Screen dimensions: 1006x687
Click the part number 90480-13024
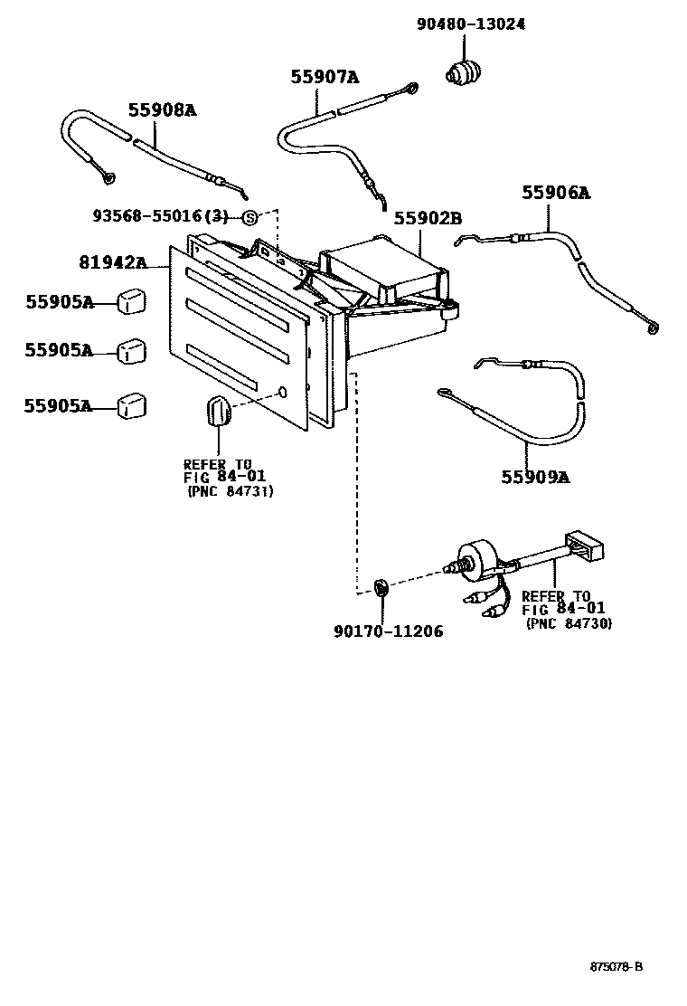click(x=470, y=24)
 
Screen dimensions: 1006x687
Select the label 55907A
click(x=325, y=77)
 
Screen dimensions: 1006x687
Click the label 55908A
click(x=162, y=109)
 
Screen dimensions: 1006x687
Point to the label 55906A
click(x=555, y=192)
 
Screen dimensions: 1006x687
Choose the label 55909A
click(x=535, y=476)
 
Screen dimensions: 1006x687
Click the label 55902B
click(x=428, y=218)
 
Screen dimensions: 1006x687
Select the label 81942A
click(x=113, y=262)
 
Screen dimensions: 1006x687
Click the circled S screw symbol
click(x=250, y=217)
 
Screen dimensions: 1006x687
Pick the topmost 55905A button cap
click(x=132, y=300)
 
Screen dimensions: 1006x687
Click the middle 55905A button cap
click(x=132, y=350)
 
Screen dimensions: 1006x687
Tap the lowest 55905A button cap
click(x=132, y=405)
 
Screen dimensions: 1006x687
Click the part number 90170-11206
click(x=389, y=631)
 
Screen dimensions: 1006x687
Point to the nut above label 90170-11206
click(x=381, y=588)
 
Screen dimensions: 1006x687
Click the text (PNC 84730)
click(x=568, y=623)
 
